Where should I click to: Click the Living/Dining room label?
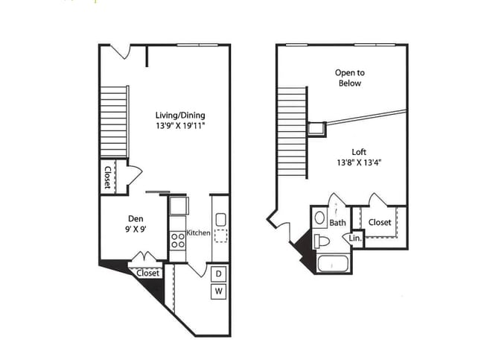pos(179,116)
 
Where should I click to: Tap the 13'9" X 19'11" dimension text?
pos(179,127)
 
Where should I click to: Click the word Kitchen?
pos(198,233)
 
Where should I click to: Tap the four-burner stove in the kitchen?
pos(178,240)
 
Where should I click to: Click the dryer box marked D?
pos(219,274)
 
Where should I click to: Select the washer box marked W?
pos(219,291)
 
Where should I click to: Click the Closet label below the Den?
pos(148,273)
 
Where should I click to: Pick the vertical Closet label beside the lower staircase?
pos(108,177)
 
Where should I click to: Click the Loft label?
pos(349,152)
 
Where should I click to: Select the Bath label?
pos(338,222)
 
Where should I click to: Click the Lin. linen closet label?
pos(355,239)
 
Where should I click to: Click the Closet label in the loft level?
pos(380,222)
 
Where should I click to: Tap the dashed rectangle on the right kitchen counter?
pos(220,236)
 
